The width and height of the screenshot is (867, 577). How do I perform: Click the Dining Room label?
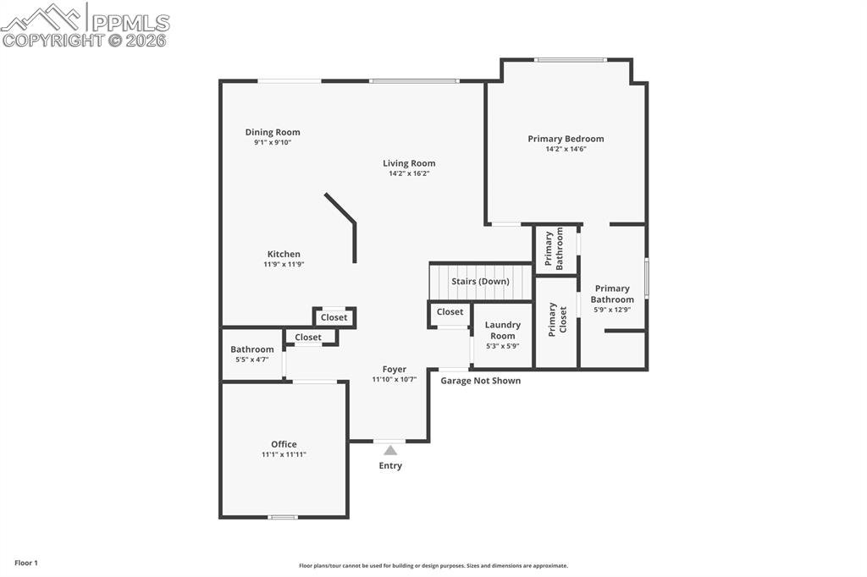click(273, 132)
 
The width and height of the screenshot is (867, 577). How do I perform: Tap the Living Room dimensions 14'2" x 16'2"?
click(409, 173)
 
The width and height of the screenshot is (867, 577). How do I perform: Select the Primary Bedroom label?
click(566, 139)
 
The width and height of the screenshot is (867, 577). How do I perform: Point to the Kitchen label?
click(284, 254)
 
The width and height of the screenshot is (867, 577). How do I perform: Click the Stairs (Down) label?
click(480, 281)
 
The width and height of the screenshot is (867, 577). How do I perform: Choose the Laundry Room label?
click(503, 330)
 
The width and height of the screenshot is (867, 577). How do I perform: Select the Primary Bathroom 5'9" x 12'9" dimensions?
click(611, 310)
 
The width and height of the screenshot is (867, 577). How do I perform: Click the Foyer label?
click(395, 369)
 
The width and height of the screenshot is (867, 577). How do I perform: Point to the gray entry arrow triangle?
click(390, 450)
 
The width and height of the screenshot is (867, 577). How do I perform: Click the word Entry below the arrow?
click(390, 465)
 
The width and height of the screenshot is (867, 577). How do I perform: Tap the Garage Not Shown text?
click(480, 381)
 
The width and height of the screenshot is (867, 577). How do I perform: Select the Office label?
click(284, 444)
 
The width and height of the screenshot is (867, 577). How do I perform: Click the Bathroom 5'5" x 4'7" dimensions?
click(251, 360)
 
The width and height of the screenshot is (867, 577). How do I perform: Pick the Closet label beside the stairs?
click(450, 311)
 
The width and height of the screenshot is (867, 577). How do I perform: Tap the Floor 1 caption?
click(26, 563)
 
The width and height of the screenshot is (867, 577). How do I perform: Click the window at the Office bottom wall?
click(283, 516)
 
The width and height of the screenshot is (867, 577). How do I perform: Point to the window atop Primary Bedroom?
click(570, 59)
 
